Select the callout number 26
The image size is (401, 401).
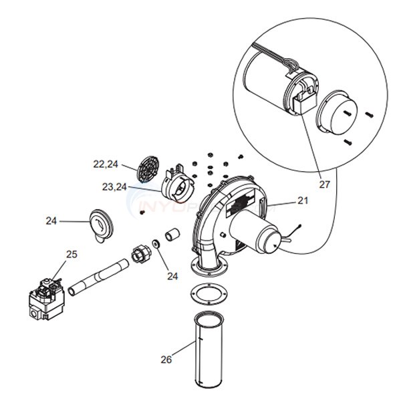click(166, 360)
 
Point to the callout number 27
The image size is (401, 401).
click(325, 184)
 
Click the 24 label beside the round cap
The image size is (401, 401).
click(51, 220)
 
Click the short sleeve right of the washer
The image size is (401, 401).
click(172, 235)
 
